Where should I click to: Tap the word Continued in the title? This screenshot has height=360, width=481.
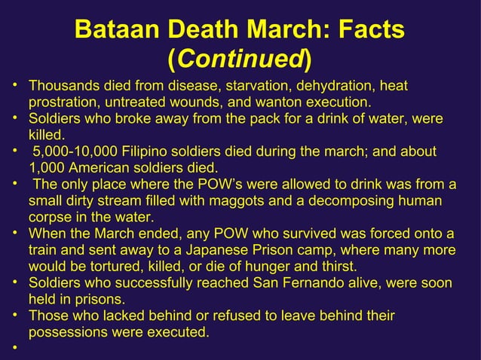240,58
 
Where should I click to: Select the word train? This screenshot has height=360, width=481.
43,250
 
